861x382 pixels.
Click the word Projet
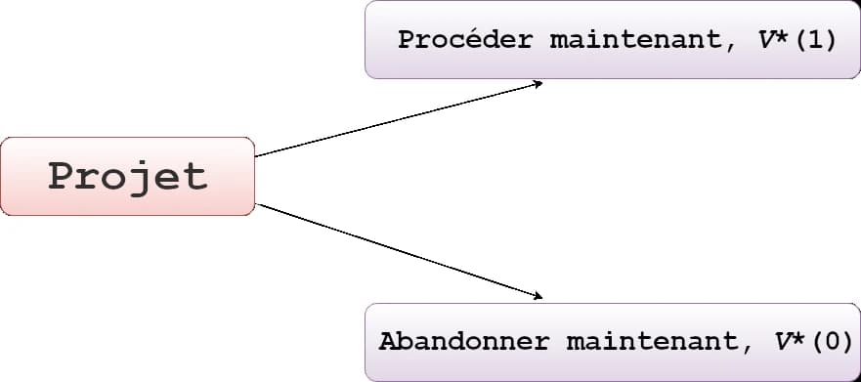click(127, 177)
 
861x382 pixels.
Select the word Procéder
click(465, 41)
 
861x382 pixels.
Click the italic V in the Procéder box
click(765, 41)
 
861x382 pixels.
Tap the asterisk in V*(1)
click(784, 39)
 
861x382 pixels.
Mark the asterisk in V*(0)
click(799, 341)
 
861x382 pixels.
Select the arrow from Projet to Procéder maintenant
click(391, 121)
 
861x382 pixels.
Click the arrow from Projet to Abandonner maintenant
click(391, 250)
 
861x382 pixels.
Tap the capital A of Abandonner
click(387, 343)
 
